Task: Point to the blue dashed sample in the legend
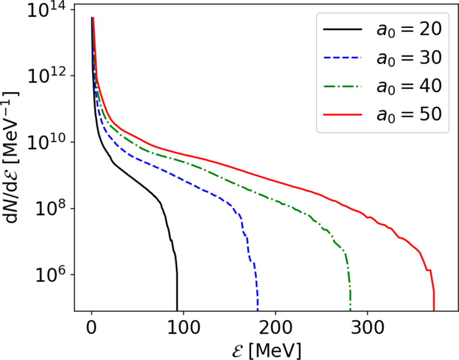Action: click(x=343, y=58)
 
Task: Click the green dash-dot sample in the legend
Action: click(x=343, y=86)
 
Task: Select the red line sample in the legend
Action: click(x=343, y=115)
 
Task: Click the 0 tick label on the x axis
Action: click(x=92, y=328)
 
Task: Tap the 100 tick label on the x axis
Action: click(x=184, y=328)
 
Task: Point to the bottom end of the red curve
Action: click(x=434, y=310)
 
